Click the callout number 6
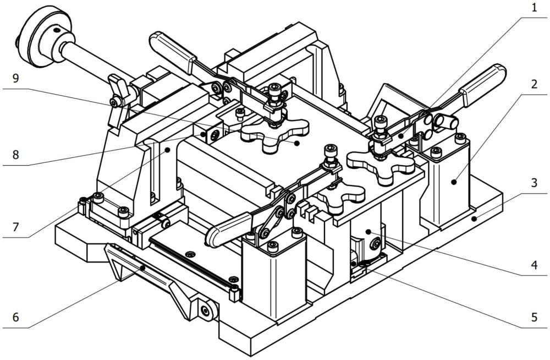pos(15,318)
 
